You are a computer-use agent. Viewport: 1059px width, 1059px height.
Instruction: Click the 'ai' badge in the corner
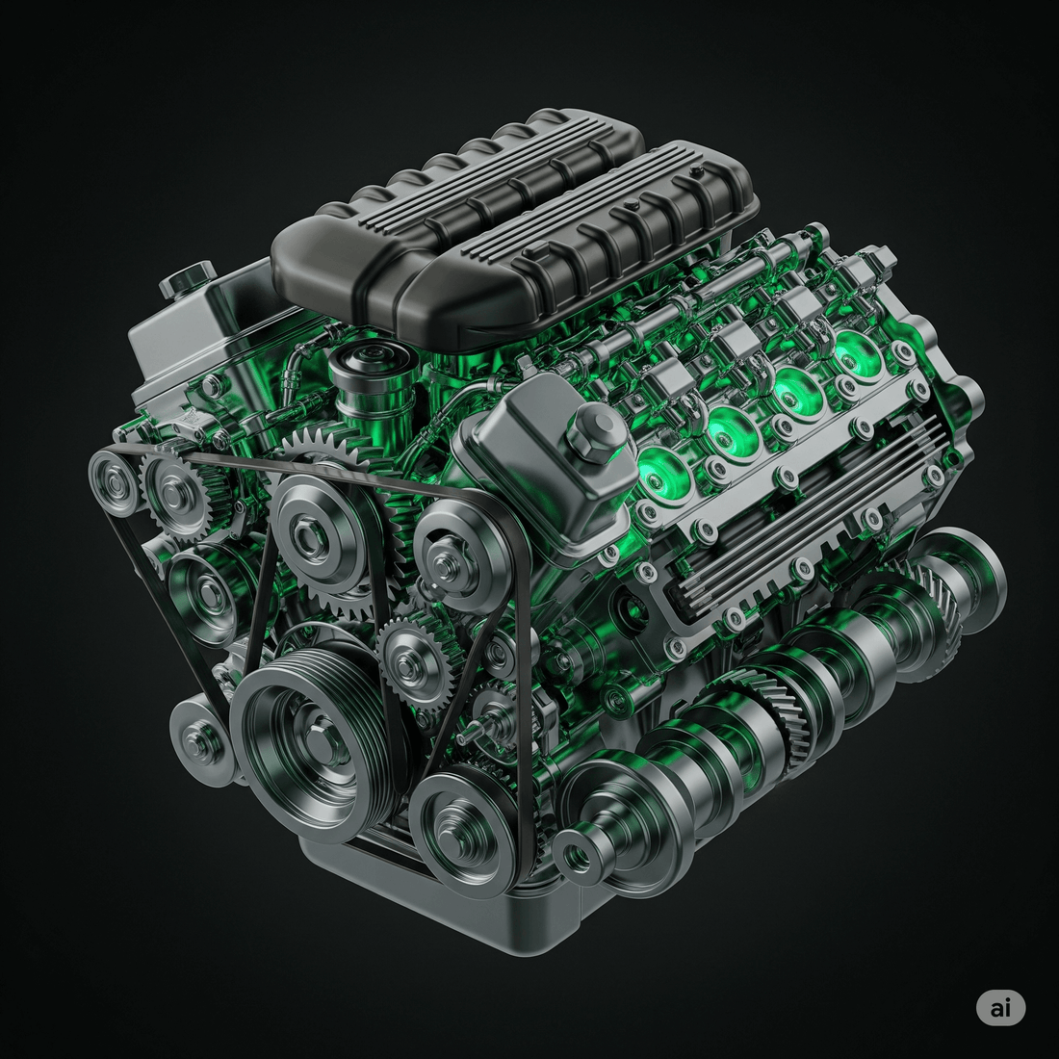point(1000,1008)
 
